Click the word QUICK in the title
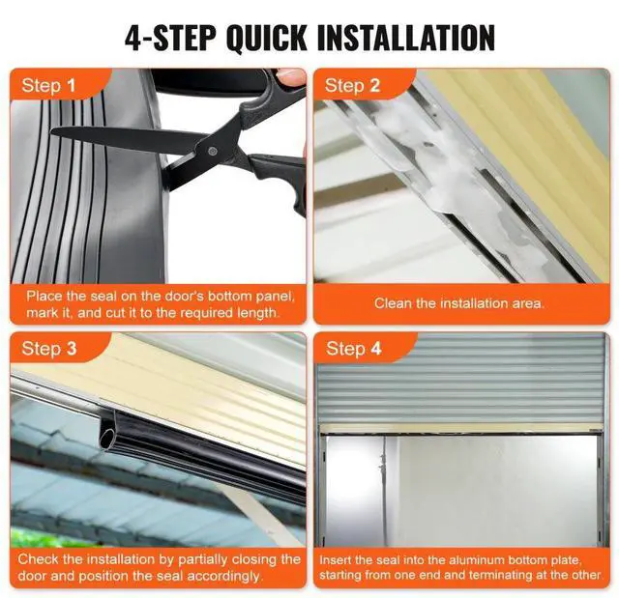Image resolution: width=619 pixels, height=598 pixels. [x=266, y=38]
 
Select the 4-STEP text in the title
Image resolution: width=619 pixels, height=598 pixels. [x=170, y=38]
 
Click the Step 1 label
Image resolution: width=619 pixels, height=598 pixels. [x=48, y=86]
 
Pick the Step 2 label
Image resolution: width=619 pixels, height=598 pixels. [x=352, y=86]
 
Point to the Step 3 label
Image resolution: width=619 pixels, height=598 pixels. [x=49, y=349]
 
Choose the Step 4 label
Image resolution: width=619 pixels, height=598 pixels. [x=353, y=349]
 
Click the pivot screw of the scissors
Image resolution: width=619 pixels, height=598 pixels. [x=213, y=150]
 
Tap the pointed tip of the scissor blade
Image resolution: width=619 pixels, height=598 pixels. [x=53, y=130]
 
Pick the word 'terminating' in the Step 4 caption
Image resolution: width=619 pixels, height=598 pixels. [x=514, y=575]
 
